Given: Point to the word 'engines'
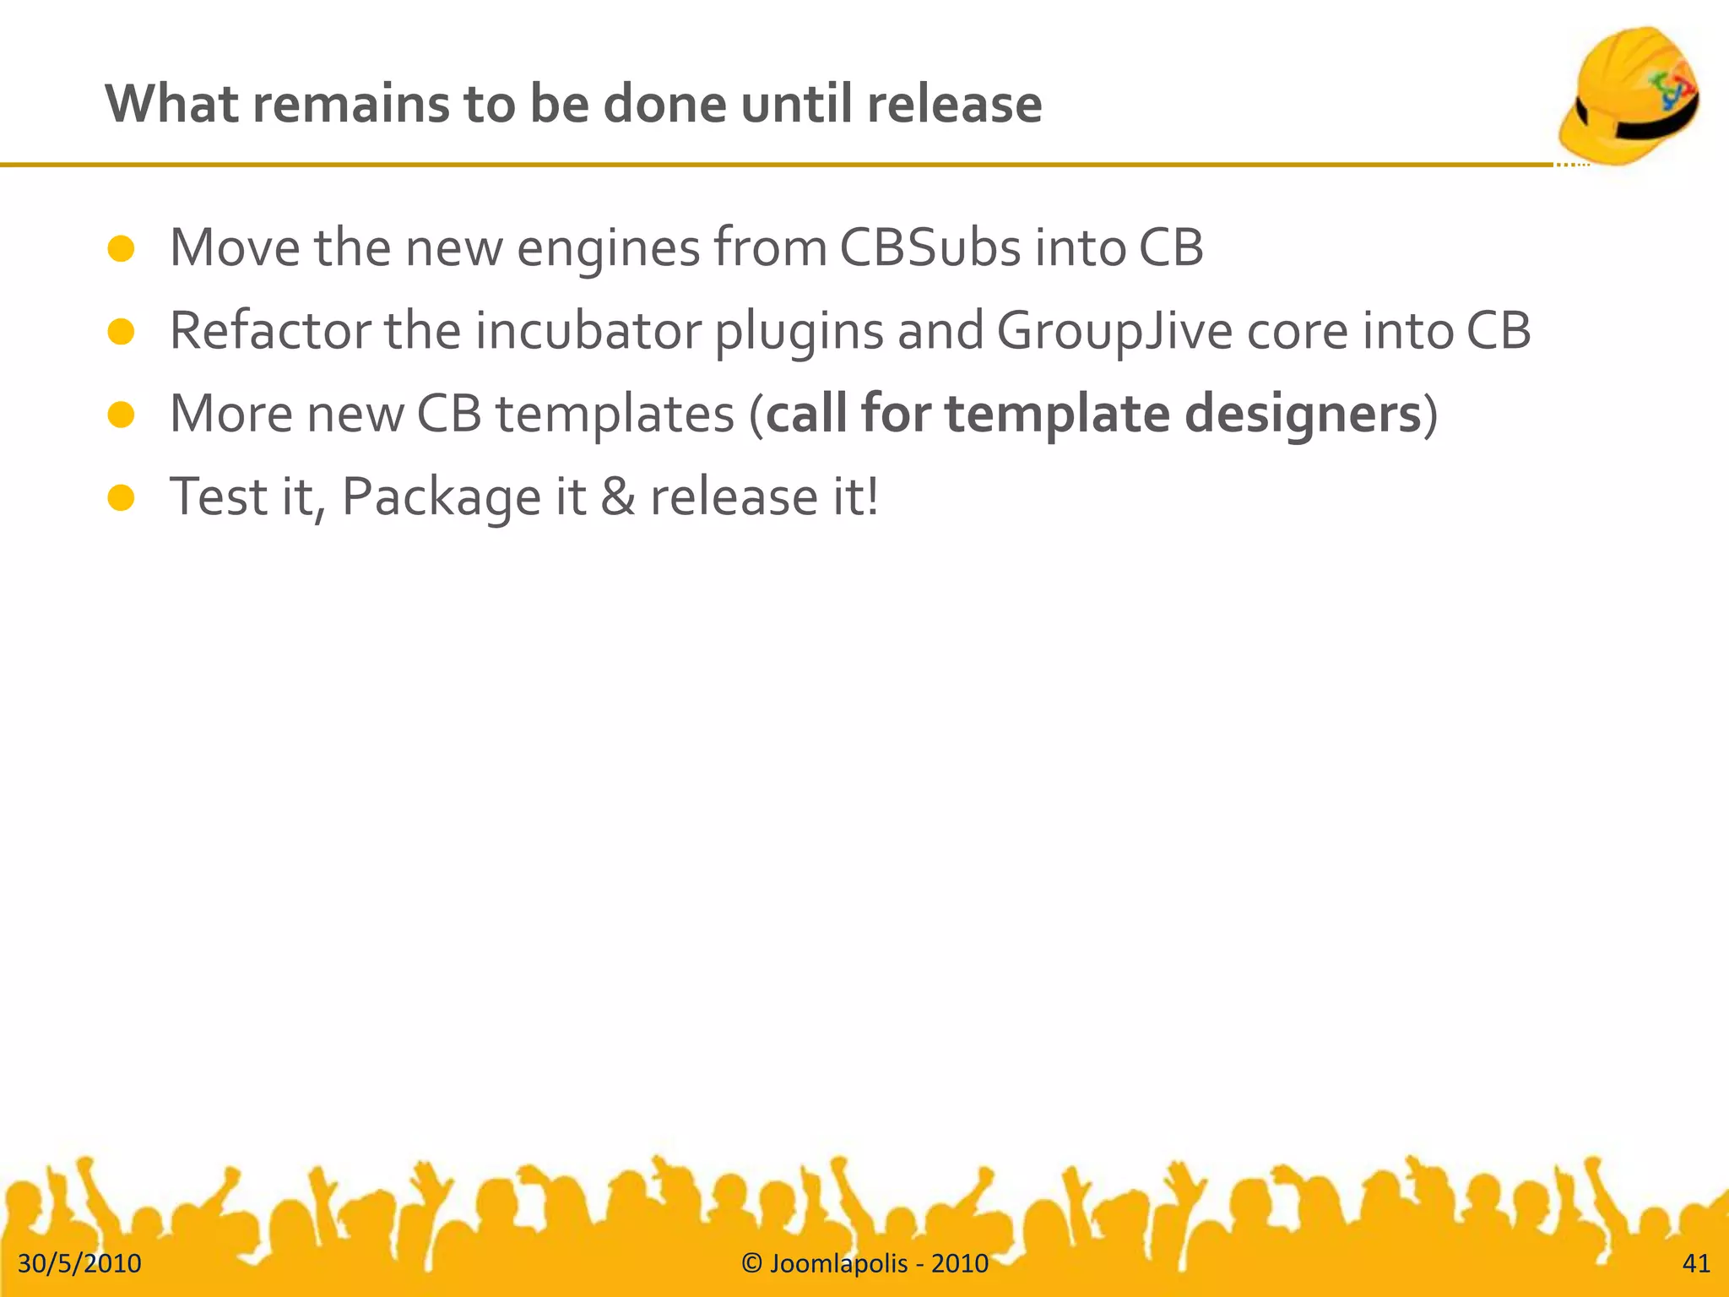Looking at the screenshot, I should [608, 249].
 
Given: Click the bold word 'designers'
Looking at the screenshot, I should [1303, 415].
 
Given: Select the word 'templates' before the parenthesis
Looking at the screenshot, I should [615, 415].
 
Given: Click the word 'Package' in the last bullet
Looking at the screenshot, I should [441, 497].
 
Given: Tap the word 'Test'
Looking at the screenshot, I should [219, 496].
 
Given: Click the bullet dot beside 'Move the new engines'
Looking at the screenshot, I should [122, 249].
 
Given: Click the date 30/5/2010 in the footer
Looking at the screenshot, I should [79, 1263].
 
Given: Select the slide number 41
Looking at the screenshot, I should [1696, 1263].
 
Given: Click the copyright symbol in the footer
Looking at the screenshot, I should [751, 1263].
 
